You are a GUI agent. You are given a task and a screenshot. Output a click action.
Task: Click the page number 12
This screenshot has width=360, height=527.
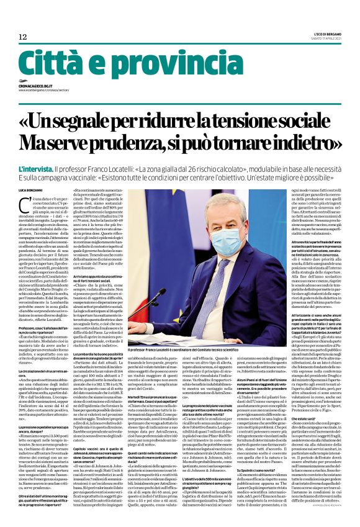click(x=24, y=37)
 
